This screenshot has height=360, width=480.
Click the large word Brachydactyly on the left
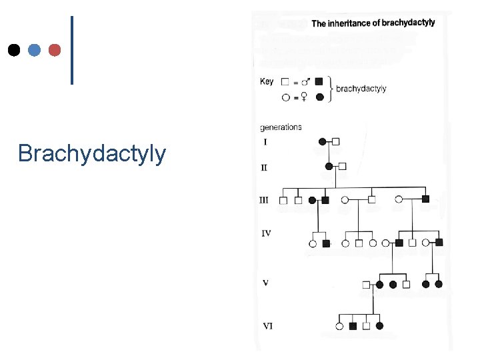[x=92, y=154]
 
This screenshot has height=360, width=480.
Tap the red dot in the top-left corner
[x=55, y=50]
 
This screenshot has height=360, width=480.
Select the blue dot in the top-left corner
[x=34, y=50]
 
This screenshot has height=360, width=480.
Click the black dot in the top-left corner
[x=13, y=50]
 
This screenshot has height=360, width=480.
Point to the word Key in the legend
[x=266, y=81]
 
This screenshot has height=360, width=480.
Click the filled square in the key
[x=319, y=81]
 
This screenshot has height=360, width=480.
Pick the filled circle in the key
[x=319, y=97]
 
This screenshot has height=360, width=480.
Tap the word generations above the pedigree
[x=281, y=127]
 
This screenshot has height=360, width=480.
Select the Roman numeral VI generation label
[x=267, y=326]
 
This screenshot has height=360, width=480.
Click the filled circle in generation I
[x=323, y=141]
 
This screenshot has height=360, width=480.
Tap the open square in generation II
[x=343, y=166]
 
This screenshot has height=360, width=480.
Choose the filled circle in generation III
[x=312, y=199]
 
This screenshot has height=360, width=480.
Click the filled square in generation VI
[x=353, y=326]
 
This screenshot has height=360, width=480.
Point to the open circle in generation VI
[x=339, y=326]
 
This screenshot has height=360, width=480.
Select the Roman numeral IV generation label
[x=266, y=233]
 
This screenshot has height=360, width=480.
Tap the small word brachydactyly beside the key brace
[x=361, y=89]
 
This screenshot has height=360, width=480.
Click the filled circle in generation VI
[x=379, y=326]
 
